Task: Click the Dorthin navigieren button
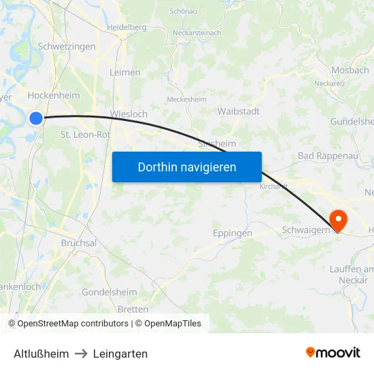coord(187,167)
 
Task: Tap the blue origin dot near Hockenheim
coord(36,118)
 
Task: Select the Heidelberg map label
coord(126,27)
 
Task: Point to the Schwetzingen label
coord(67,47)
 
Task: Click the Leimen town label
coord(125,72)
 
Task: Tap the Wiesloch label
coord(129,114)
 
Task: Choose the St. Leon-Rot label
coord(86,135)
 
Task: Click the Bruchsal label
coord(79,243)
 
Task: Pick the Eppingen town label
coord(233,233)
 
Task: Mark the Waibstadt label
coord(239,111)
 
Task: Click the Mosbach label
coord(350,71)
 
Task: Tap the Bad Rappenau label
coord(328,156)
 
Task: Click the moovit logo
coord(333,352)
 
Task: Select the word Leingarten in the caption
coord(120,354)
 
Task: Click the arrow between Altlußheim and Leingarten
coord(81,354)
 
